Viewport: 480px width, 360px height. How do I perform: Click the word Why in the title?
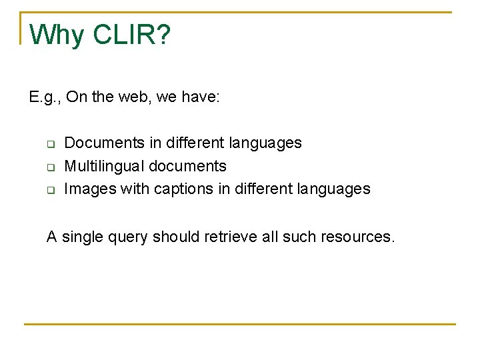pyautogui.click(x=57, y=35)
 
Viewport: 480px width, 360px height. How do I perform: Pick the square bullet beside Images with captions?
pyautogui.click(x=49, y=190)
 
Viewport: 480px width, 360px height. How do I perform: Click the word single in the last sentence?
pyautogui.click(x=81, y=237)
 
